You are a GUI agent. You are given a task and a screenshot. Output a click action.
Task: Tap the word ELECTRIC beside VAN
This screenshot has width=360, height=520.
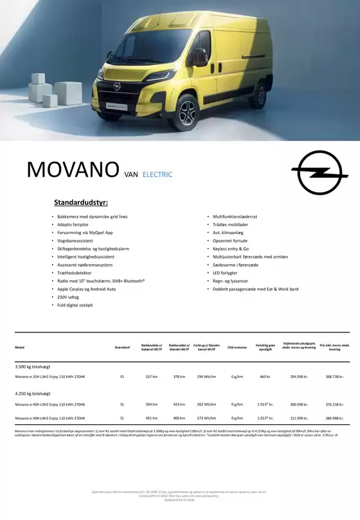pyautogui.click(x=157, y=174)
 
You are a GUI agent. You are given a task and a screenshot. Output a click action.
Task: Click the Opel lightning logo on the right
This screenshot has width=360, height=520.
pyautogui.click(x=319, y=170)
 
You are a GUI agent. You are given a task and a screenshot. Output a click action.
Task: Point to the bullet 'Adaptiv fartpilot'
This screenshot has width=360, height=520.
pyautogui.click(x=76, y=225)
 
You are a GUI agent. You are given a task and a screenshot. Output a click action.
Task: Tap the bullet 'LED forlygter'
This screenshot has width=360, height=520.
pyautogui.click(x=225, y=273)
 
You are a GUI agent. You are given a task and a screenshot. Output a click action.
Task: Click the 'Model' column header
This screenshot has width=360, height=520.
pyautogui.click(x=19, y=347)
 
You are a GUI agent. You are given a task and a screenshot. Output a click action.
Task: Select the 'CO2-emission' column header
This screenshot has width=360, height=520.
pyautogui.click(x=237, y=347)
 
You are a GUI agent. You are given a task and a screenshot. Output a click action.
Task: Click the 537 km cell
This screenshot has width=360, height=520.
pyautogui.click(x=152, y=377)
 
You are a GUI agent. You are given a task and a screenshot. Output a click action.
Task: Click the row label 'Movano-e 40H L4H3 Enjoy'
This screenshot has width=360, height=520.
pyautogui.click(x=50, y=418)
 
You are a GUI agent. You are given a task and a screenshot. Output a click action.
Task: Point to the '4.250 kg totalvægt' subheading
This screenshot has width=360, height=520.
pyautogui.click(x=33, y=393)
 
